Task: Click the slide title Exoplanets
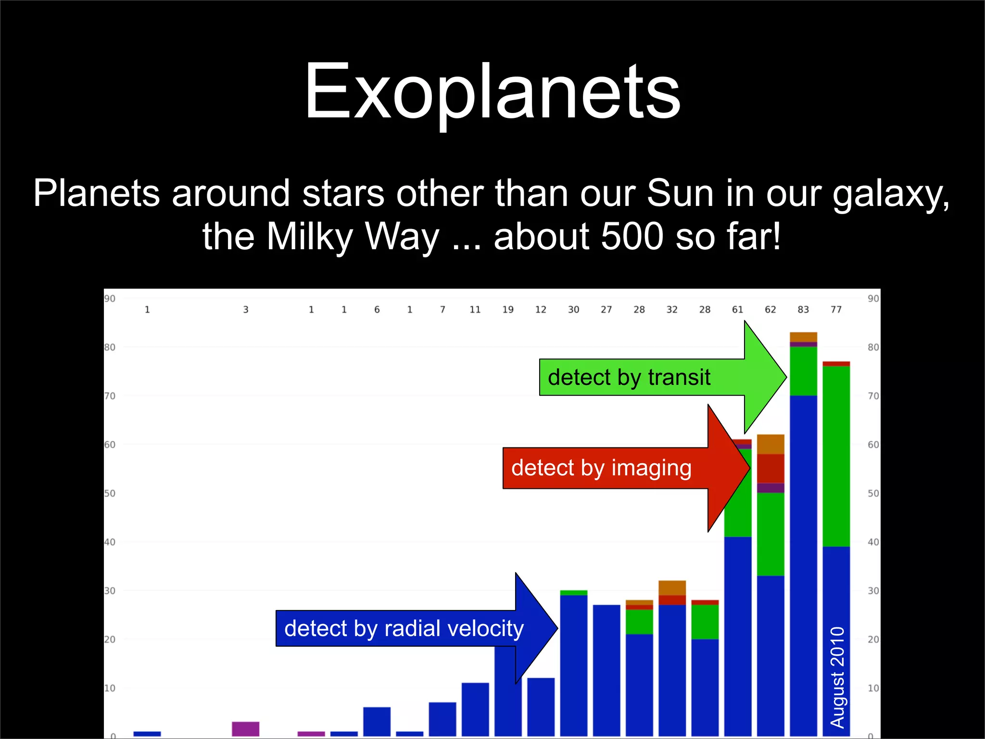tap(492, 91)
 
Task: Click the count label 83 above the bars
tap(803, 310)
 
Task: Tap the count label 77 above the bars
tap(836, 310)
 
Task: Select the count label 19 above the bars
tap(508, 310)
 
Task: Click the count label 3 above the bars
tap(246, 310)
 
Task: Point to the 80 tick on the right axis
tap(873, 347)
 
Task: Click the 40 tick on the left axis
tap(110, 542)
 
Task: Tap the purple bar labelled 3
tap(245, 729)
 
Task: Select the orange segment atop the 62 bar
tap(770, 444)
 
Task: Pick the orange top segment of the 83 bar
tap(803, 337)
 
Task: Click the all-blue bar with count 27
tap(606, 669)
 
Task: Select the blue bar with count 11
tap(475, 710)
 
